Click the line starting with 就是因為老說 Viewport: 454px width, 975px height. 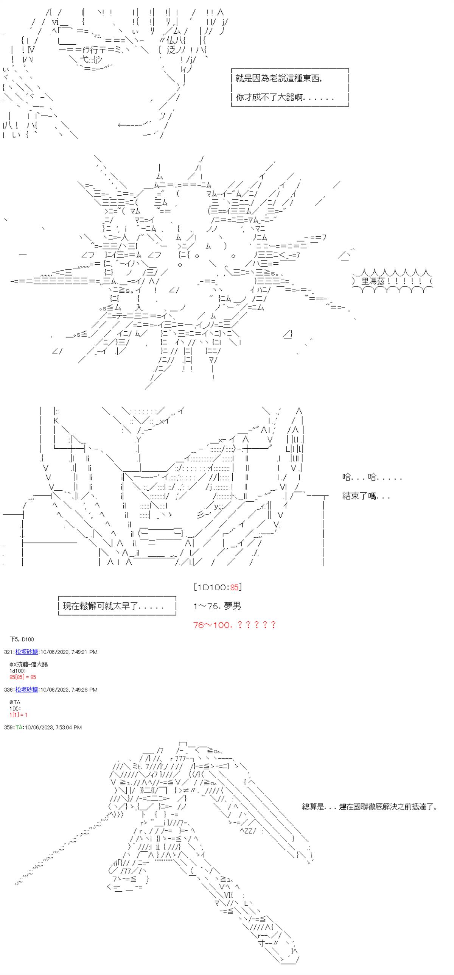click(x=279, y=79)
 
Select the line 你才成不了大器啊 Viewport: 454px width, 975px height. click(x=285, y=97)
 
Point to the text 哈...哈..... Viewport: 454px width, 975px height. click(x=372, y=477)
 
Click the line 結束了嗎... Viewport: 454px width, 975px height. click(x=366, y=496)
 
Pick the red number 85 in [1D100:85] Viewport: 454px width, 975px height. click(x=235, y=587)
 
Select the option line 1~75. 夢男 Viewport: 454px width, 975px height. click(x=217, y=606)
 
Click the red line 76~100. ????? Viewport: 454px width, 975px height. click(x=235, y=625)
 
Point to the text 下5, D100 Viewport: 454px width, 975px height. click(x=22, y=639)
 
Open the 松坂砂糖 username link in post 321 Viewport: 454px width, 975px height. click(x=27, y=652)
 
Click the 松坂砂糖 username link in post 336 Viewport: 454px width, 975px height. click(x=27, y=690)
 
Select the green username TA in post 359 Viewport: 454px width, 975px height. click(x=19, y=727)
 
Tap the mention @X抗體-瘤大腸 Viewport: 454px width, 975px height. click(x=29, y=664)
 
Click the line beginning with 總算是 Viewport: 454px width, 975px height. click(x=370, y=807)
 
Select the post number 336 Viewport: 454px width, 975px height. click(x=9, y=690)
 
